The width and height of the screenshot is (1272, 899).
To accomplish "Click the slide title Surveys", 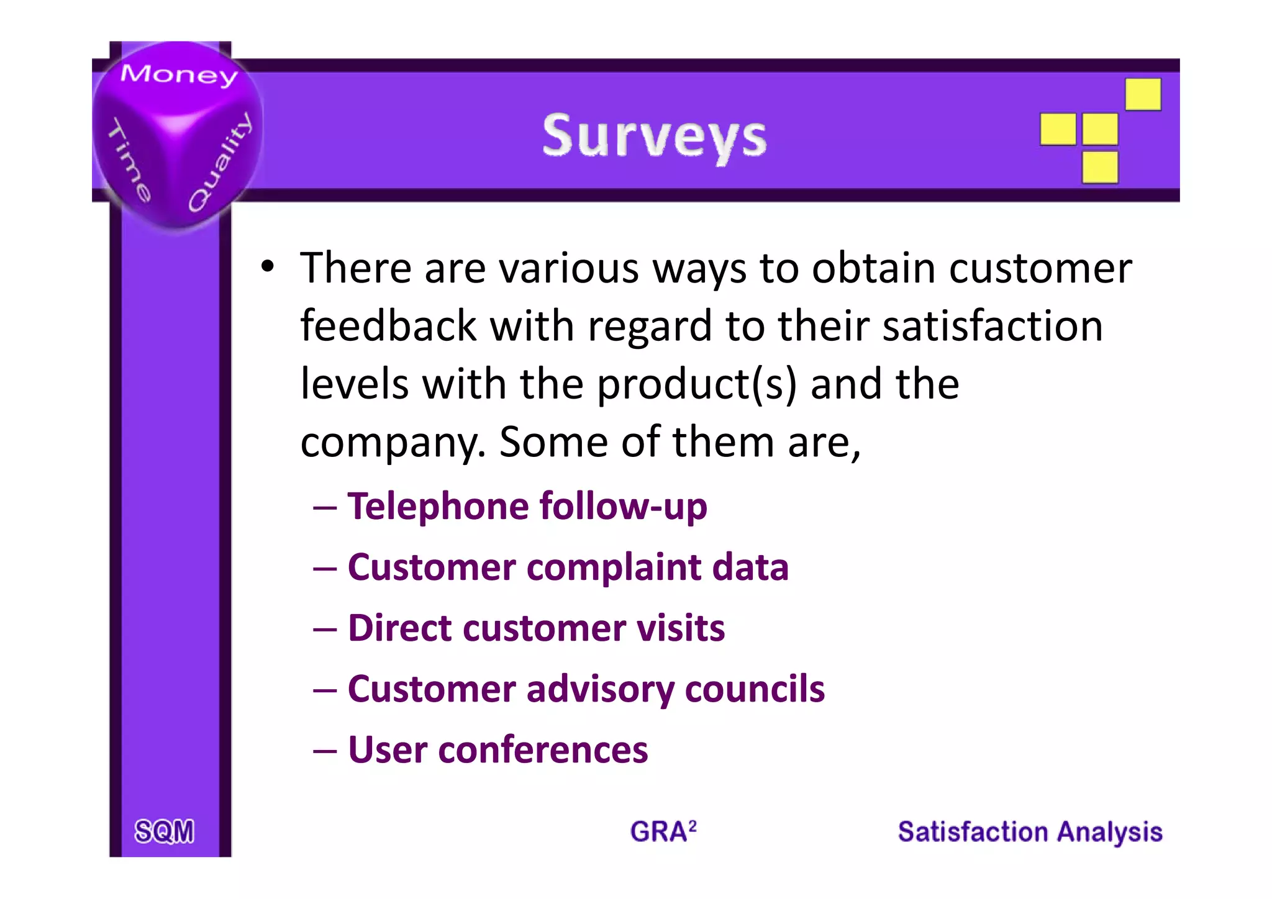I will point(654,137).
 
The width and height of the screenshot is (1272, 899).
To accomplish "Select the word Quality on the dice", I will point(220,163).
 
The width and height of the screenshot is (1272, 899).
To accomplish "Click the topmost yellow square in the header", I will point(1143,94).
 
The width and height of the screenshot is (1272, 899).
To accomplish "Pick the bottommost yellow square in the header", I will point(1100,168).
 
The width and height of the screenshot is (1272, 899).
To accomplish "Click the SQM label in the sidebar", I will point(165,831).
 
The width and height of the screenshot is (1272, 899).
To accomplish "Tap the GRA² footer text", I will point(663,831).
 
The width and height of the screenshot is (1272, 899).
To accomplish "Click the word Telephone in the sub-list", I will point(434,506).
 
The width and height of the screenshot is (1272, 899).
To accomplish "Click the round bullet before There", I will point(267,267).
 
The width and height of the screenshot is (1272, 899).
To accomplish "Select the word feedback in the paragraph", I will point(388,326).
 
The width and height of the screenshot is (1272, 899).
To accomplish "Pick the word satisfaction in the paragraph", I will point(993,326).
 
